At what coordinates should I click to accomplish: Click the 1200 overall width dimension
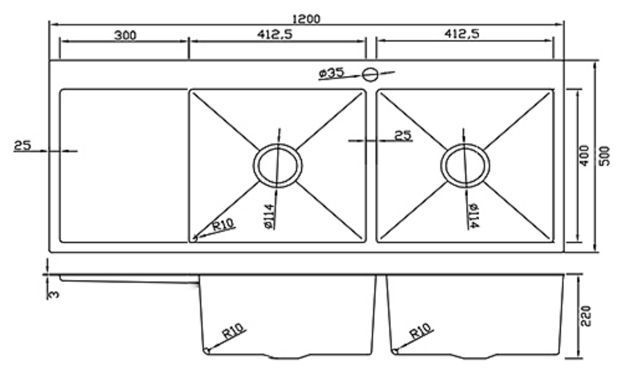coord(306,19)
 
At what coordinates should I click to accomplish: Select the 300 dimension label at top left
coord(125,35)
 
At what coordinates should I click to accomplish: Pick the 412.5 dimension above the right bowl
coord(463,34)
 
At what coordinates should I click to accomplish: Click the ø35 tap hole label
coord(331,74)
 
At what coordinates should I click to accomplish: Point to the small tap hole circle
coord(370,75)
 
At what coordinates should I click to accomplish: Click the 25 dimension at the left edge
coord(22,145)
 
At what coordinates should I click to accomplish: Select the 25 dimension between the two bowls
coord(403,135)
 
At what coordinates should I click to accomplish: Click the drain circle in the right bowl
coord(465,166)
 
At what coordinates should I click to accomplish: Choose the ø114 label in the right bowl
coord(472,215)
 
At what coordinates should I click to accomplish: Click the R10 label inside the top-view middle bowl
coord(223,225)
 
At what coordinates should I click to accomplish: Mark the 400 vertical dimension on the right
coord(585,155)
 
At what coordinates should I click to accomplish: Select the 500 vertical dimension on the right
coord(604,155)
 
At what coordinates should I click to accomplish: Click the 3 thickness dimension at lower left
coord(54,294)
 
